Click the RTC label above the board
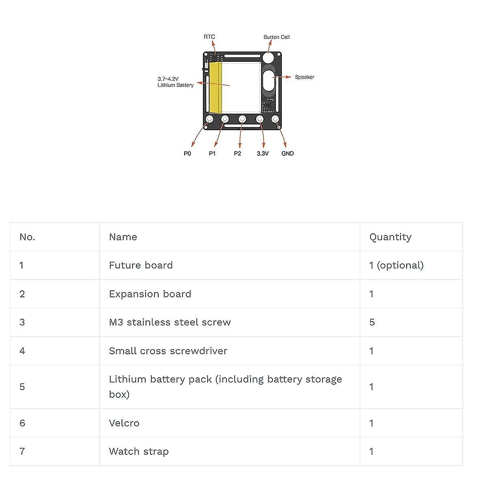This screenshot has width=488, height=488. [x=209, y=37]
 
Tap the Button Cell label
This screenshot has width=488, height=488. [x=277, y=37]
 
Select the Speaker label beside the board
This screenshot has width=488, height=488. [x=305, y=77]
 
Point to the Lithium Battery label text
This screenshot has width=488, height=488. [x=175, y=85]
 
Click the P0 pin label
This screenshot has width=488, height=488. [x=187, y=153]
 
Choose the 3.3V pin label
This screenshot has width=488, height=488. [x=262, y=153]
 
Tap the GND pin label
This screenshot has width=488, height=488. [x=288, y=153]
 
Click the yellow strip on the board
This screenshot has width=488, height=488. [x=216, y=87]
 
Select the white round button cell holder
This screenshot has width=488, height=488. [x=268, y=57]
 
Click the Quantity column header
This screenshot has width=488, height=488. [x=390, y=237]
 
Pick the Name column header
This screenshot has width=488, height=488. [x=123, y=237]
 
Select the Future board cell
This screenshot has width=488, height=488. [x=141, y=265]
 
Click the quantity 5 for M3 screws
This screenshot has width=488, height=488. [x=372, y=322]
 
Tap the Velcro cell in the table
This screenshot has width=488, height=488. [x=124, y=423]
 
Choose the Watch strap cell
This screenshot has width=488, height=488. [x=139, y=451]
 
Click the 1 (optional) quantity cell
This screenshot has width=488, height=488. [x=396, y=265]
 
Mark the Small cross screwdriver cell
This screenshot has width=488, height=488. [x=168, y=351]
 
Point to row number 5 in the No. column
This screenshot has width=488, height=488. [x=22, y=387]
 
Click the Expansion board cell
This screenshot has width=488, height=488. [x=150, y=294]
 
